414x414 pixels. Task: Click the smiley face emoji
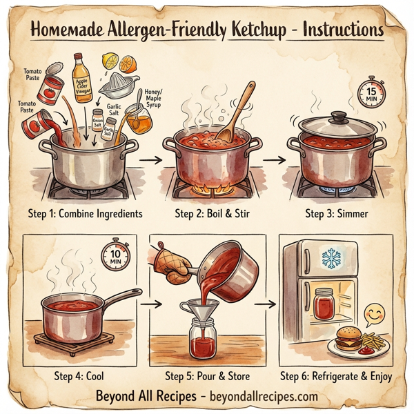374,315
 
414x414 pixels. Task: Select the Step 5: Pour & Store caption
208,376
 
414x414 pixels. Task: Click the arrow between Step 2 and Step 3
275,159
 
